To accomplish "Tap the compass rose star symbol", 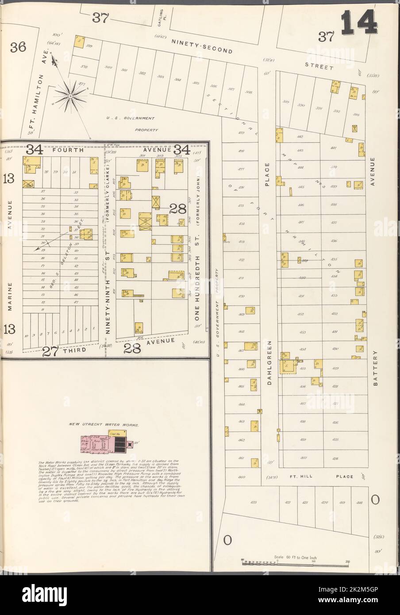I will tap(70, 94).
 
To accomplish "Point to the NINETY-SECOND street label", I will tap(202, 46).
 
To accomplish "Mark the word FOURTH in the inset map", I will tap(68, 150).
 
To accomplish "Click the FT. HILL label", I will tap(299, 477).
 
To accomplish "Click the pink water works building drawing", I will tap(104, 443).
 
